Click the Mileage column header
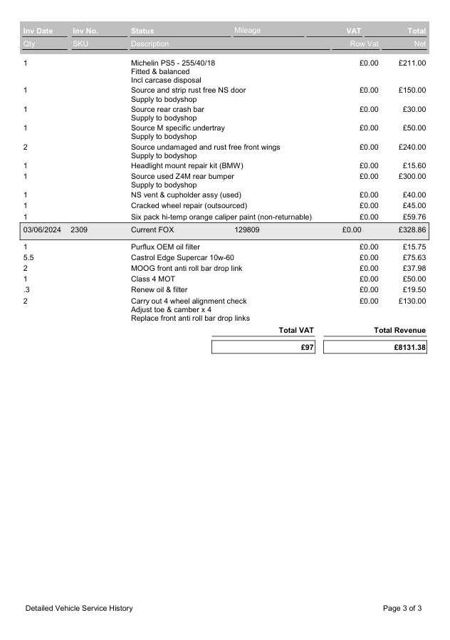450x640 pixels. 247,31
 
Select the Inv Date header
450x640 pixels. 38,31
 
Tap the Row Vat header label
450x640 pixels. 363,44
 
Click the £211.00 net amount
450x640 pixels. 412,63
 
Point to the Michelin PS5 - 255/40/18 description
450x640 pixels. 173,63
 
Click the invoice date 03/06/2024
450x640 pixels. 42,230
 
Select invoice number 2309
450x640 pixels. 79,230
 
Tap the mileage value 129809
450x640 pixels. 247,230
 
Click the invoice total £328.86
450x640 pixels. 412,230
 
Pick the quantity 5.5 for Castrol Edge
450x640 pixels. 29,257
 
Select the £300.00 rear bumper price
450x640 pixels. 412,176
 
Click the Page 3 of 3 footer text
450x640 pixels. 402,608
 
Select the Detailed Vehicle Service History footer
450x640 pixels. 79,608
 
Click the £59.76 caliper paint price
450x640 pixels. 414,217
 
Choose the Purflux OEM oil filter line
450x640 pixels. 165,247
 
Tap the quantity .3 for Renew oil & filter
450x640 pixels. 26,290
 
